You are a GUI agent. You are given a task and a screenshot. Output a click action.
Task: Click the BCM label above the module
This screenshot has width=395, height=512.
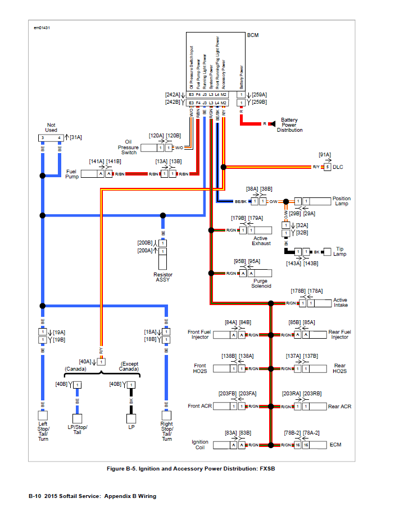pyautogui.click(x=253, y=35)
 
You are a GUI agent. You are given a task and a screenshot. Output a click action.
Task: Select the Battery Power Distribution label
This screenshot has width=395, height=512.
pyautogui.click(x=289, y=125)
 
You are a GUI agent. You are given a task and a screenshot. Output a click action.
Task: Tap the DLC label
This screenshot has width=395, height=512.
pyautogui.click(x=338, y=167)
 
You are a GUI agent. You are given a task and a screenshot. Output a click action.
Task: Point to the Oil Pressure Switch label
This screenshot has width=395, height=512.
pyautogui.click(x=128, y=147)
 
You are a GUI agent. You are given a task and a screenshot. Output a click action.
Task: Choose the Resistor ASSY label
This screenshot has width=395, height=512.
pyautogui.click(x=162, y=277)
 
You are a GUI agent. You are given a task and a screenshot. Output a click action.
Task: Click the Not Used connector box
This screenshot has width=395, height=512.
pyautogui.click(x=51, y=137)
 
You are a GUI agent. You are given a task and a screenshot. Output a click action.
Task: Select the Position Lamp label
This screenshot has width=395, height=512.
pyautogui.click(x=341, y=201)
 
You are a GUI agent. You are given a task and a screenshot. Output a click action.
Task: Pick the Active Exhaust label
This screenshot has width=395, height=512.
pyautogui.click(x=261, y=241)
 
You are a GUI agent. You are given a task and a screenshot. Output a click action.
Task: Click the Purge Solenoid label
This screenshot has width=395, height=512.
pyautogui.click(x=261, y=283)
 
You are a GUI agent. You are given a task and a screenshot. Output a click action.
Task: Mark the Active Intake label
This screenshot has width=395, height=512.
pyautogui.click(x=340, y=303)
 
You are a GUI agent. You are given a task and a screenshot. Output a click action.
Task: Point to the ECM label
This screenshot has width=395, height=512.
pyautogui.click(x=335, y=445)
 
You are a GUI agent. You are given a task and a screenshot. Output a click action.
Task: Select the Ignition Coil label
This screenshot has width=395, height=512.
pyautogui.click(x=199, y=445)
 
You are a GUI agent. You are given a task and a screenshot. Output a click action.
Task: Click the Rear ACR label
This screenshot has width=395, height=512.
pyautogui.click(x=339, y=407)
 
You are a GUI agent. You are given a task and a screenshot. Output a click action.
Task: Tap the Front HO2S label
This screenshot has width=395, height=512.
pyautogui.click(x=199, y=368)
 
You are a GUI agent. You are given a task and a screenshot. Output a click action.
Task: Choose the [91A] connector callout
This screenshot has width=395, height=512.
pyautogui.click(x=325, y=154)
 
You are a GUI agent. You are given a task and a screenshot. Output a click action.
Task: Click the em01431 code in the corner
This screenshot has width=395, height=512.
pyautogui.click(x=42, y=27)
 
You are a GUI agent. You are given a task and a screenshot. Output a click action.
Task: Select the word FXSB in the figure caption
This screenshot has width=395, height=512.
pyautogui.click(x=266, y=468)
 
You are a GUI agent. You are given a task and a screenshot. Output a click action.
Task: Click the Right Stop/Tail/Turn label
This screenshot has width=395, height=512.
pyautogui.click(x=167, y=431)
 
